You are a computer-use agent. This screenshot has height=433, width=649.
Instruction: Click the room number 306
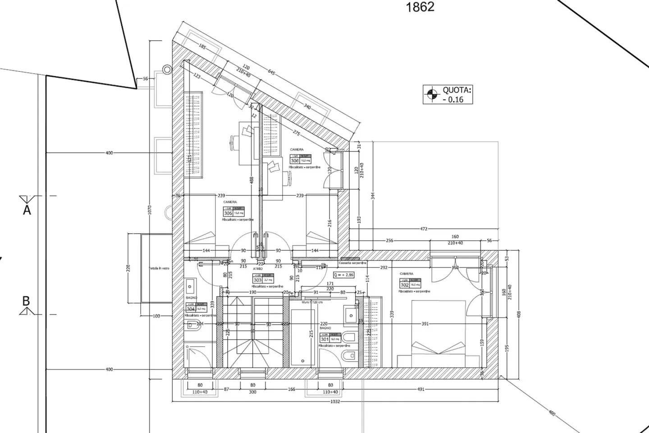click(295, 161)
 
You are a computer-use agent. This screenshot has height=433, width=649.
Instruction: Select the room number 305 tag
click(228, 213)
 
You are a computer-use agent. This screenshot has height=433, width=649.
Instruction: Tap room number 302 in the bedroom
click(405, 285)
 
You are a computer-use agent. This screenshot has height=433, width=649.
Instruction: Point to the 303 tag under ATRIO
click(257, 280)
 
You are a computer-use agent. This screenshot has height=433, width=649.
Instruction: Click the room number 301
click(324, 339)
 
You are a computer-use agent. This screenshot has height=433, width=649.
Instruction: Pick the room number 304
click(191, 309)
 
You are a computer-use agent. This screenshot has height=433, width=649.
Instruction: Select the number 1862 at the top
click(420, 7)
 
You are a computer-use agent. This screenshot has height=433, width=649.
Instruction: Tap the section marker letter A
click(27, 210)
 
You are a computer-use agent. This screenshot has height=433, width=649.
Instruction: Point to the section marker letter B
click(26, 301)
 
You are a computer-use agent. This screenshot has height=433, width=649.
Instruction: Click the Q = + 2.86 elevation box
click(343, 274)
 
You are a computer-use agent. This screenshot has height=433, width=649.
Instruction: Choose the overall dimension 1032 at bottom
click(335, 401)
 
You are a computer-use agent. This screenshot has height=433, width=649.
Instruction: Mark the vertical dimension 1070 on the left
click(150, 210)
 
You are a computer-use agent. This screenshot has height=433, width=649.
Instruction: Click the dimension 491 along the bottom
click(420, 389)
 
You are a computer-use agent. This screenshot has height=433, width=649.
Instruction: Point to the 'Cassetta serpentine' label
click(352, 263)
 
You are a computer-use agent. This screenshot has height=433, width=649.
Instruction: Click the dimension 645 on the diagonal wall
click(271, 72)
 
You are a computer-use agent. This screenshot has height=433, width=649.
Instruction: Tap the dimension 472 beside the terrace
click(424, 229)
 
